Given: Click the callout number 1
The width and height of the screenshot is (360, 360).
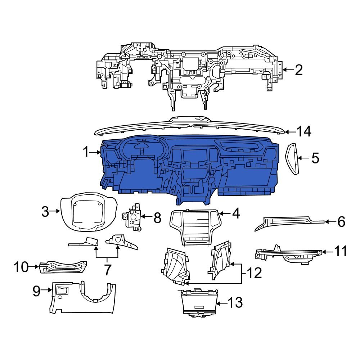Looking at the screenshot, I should click(x=85, y=152).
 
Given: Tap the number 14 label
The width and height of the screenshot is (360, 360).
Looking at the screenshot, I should click(x=303, y=132).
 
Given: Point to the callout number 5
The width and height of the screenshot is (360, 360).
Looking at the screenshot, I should click(x=315, y=158).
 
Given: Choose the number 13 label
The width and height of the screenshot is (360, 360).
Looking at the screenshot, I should click(x=235, y=303).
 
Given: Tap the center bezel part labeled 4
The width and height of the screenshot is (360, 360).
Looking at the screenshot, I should click(x=195, y=227).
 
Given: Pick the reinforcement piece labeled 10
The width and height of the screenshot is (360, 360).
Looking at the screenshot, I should click(x=63, y=267).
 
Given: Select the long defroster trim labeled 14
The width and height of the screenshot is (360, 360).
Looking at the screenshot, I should click(x=191, y=128).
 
